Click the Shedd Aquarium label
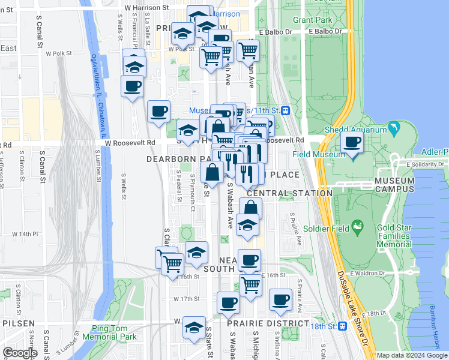pyautogui.click(x=356, y=130)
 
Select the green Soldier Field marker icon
pyautogui.click(x=358, y=227)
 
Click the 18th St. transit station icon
pyautogui.click(x=343, y=326)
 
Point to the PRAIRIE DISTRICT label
pyautogui.click(x=259, y=323)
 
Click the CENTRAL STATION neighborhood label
pyautogui.click(x=289, y=193)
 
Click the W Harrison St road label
pyautogui.click(x=146, y=8)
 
